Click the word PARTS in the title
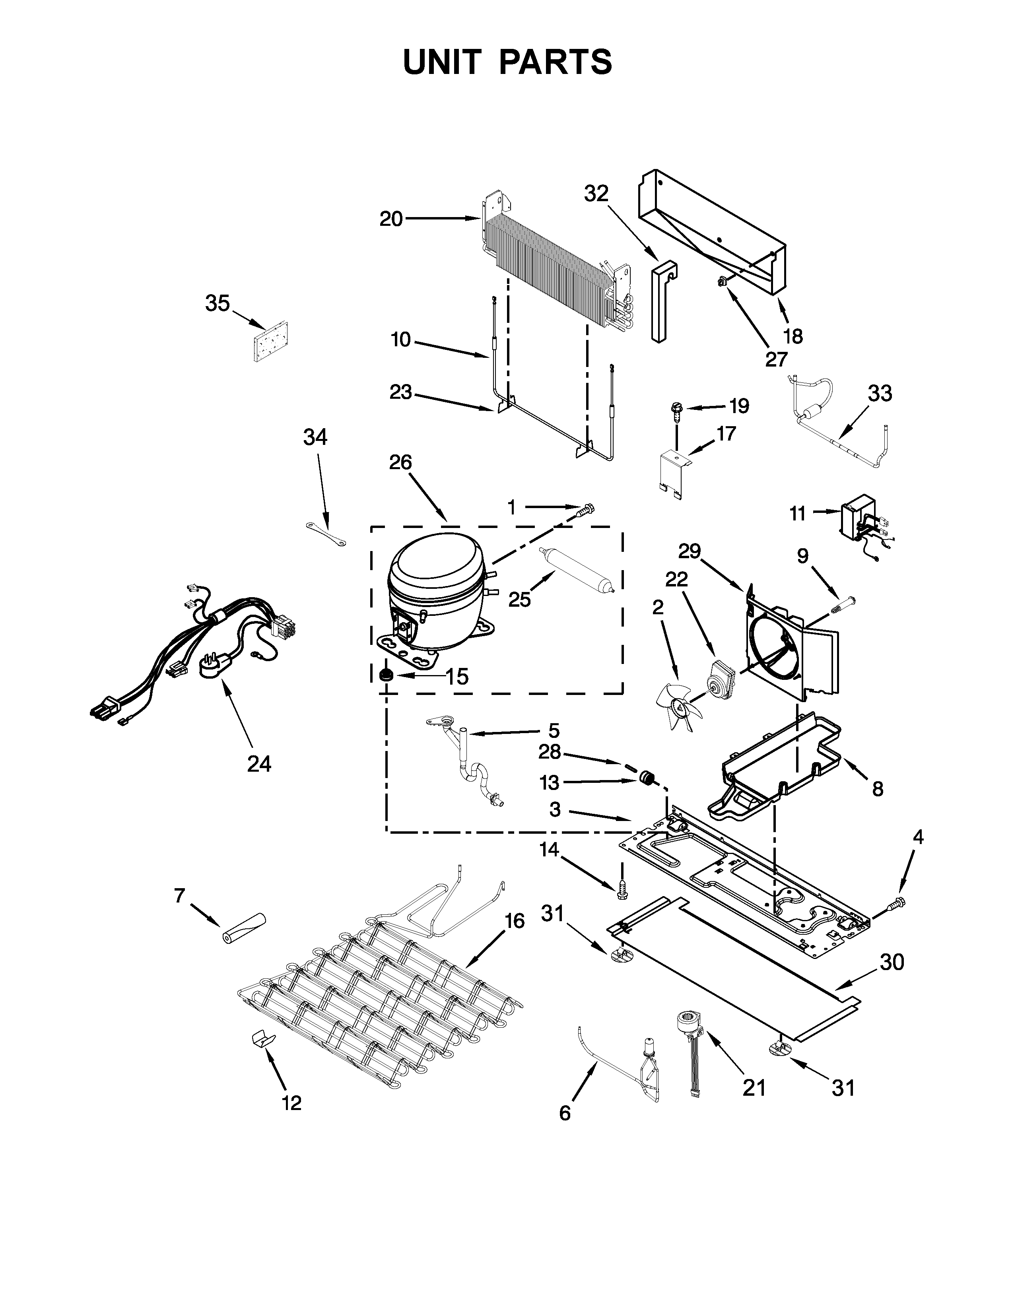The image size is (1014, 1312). click(x=555, y=62)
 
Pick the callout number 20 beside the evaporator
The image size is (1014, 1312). click(x=390, y=219)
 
